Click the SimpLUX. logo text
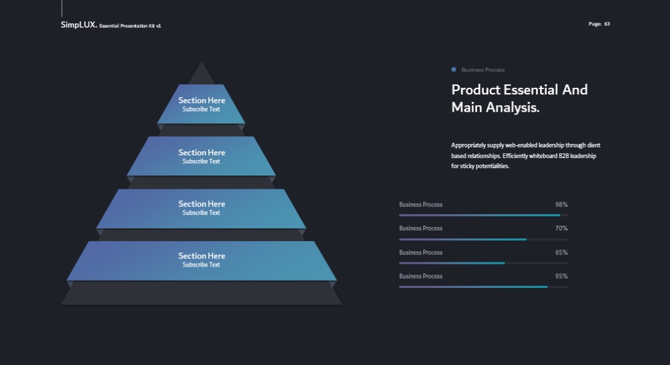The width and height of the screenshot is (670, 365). tap(78, 25)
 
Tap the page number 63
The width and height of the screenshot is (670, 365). tap(607, 24)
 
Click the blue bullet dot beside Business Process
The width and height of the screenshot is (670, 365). tap(454, 69)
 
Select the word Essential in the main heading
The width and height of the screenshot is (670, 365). tap(530, 90)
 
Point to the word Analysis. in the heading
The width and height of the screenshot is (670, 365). tap(513, 107)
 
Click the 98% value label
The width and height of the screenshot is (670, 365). tap(561, 204)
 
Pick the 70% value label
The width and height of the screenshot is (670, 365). tap(561, 228)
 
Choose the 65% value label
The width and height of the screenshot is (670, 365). tap(561, 252)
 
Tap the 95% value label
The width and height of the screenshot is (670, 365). tap(561, 276)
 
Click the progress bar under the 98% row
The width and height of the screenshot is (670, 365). tap(483, 215)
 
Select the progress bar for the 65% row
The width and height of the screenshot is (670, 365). tap(483, 263)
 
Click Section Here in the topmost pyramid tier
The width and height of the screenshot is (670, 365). tap(202, 100)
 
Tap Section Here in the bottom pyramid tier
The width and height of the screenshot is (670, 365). tap(202, 256)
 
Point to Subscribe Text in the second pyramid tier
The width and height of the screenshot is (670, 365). tap(201, 161)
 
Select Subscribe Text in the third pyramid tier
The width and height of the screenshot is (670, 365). tap(201, 212)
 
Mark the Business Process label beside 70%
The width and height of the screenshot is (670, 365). tap(421, 228)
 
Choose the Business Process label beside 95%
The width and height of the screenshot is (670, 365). tap(421, 276)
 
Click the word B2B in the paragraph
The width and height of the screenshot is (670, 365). tap(563, 156)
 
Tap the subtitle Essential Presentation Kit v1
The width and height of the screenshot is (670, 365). tap(130, 25)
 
